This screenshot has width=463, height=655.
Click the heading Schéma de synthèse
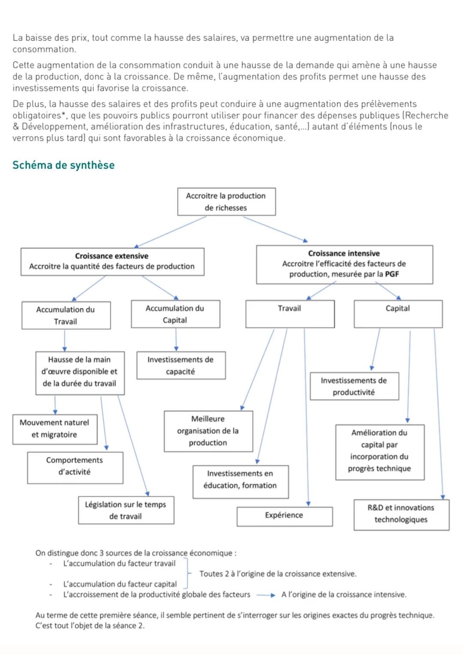click(63, 165)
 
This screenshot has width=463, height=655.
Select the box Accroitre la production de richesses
click(226, 201)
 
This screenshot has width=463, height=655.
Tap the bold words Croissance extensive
click(111, 256)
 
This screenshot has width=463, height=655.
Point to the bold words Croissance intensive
click(344, 253)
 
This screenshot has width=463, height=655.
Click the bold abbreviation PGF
click(392, 274)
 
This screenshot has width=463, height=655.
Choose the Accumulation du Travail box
click(66, 315)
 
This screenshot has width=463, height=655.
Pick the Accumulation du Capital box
click(175, 314)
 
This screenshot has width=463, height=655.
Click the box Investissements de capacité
click(181, 366)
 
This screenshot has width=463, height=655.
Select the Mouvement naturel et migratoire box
click(55, 429)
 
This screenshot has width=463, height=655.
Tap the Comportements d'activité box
click(75, 467)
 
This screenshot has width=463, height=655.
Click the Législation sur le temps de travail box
click(126, 510)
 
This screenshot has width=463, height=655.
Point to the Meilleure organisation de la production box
click(208, 431)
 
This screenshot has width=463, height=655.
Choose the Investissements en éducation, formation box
click(241, 481)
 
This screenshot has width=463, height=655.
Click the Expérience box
click(284, 516)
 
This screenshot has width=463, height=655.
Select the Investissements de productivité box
click(354, 386)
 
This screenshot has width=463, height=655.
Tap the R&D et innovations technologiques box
click(401, 514)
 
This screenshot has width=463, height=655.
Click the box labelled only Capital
click(398, 314)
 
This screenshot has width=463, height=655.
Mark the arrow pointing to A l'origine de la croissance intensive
click(266, 595)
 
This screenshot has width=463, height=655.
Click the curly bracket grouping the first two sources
click(187, 574)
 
